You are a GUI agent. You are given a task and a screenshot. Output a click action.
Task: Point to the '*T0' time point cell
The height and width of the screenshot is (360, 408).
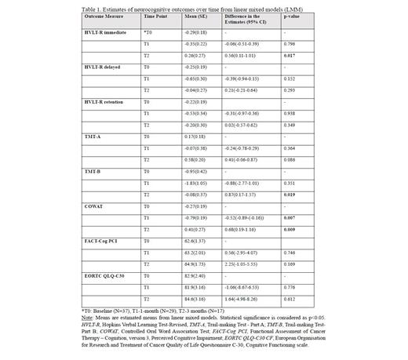pos(148,32)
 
